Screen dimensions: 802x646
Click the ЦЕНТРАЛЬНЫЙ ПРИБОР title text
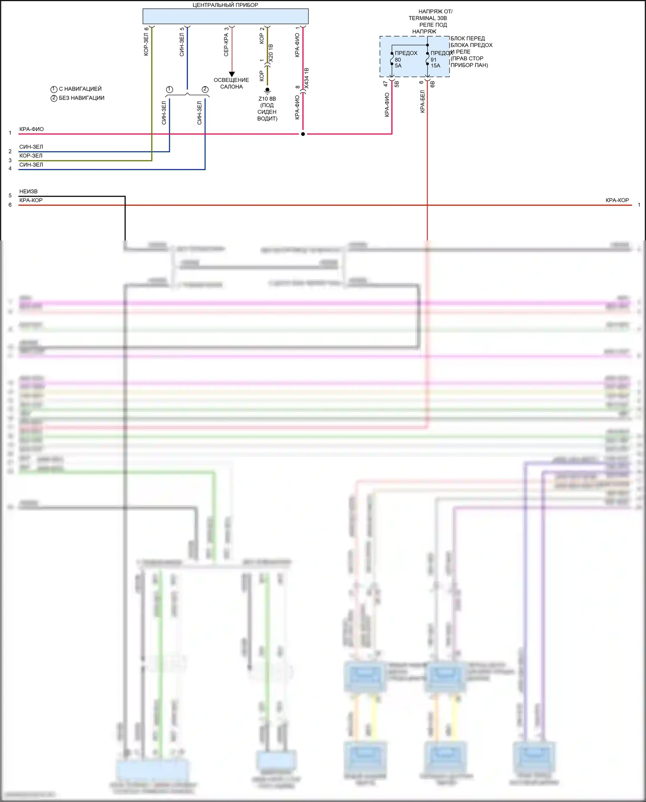point(225,5)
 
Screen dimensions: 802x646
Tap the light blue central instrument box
point(225,16)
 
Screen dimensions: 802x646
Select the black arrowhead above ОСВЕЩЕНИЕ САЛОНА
point(232,74)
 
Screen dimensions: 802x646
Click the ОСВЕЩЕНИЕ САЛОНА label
point(231,83)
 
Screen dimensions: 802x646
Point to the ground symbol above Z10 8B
point(267,90)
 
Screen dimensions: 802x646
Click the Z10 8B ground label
point(267,99)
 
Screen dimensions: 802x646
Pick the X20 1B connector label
point(271,52)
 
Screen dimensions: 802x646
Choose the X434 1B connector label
point(307,78)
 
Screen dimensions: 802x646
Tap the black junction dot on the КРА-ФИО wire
point(303,134)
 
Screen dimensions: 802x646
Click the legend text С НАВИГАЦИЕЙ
point(80,89)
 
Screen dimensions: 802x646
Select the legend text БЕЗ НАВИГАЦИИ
point(81,98)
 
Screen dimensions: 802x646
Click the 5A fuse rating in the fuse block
point(398,66)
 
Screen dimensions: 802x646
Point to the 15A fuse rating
point(435,66)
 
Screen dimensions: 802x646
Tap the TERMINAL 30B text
point(428,18)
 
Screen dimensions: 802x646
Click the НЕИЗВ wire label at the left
point(28,191)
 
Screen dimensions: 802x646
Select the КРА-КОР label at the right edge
point(617,200)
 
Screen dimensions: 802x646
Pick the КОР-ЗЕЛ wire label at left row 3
point(31,156)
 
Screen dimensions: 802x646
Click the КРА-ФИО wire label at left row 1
point(31,129)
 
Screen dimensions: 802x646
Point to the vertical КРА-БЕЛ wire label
point(422,102)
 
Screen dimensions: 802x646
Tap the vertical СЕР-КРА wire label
point(226,45)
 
